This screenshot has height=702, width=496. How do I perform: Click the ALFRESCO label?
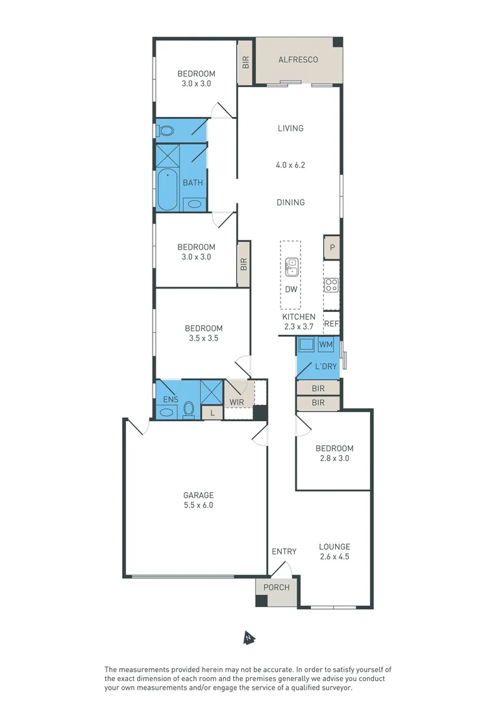(298, 60)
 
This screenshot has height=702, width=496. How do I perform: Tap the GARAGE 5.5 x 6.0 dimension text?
(198, 504)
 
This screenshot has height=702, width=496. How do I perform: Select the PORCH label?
(277, 588)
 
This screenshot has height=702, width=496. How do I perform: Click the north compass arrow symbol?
(248, 638)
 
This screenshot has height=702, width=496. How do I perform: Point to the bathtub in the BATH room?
(167, 190)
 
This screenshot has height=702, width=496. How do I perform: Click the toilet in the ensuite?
(188, 409)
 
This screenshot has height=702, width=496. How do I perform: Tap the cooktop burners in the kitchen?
(331, 284)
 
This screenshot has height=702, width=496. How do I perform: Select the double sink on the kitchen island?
(291, 267)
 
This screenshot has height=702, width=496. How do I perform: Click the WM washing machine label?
(326, 344)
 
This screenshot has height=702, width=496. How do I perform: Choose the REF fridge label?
(331, 324)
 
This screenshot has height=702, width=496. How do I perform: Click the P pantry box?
(332, 248)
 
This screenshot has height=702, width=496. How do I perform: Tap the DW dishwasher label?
(291, 289)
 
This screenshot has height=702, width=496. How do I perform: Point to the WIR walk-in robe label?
(236, 402)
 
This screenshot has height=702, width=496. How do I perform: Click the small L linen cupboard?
(211, 412)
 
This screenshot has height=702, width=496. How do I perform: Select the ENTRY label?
(284, 551)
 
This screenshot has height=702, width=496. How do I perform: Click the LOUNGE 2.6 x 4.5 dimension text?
(334, 556)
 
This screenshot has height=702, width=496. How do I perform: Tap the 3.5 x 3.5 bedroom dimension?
(203, 338)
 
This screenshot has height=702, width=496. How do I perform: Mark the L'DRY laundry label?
(326, 367)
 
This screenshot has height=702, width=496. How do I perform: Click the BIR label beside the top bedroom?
(245, 62)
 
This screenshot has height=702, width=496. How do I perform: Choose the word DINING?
(290, 202)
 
